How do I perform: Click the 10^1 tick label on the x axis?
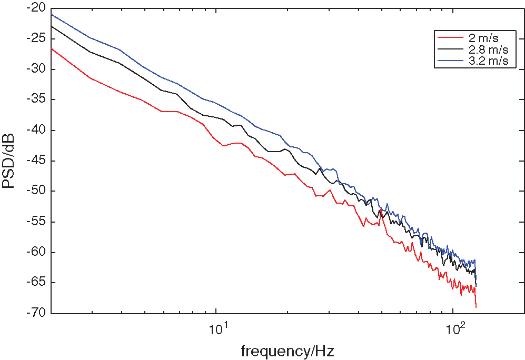click(216, 331)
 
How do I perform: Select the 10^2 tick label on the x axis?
click(453, 331)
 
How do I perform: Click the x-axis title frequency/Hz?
click(288, 350)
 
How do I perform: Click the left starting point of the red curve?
click(51, 48)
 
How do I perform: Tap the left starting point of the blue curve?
click(51, 14)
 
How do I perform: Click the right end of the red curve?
click(476, 307)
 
